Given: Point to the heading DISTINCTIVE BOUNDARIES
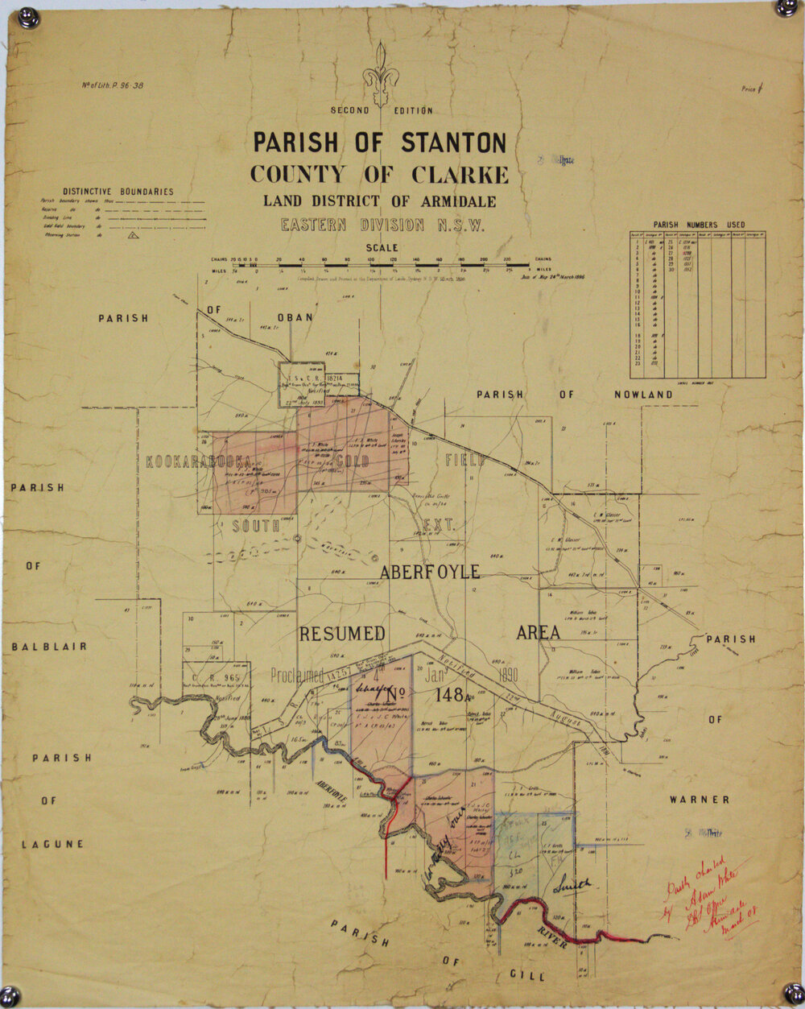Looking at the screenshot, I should (118, 192).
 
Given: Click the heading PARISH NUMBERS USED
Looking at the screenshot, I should (698, 225).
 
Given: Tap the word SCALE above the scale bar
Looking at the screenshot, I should (382, 248).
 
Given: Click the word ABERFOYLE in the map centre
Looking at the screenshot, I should (430, 572).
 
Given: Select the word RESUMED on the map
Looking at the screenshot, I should (342, 634).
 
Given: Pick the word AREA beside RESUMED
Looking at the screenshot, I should (538, 633).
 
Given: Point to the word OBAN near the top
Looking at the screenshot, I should (295, 317).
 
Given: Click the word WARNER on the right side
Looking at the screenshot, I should (699, 800).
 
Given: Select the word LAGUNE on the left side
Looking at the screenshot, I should (52, 844).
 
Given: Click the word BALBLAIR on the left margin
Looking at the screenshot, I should (49, 647).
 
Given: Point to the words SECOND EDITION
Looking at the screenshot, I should (381, 110).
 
